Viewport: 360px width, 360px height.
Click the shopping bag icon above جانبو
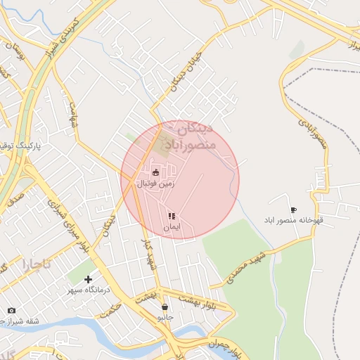[x=165, y=307]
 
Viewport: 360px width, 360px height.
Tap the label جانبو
[x=165, y=318]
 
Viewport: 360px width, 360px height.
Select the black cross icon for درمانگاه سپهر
[x=88, y=279]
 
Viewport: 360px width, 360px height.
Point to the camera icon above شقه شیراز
[x=11, y=310]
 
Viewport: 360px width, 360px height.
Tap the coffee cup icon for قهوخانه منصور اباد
[x=293, y=210]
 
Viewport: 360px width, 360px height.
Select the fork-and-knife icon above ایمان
[x=172, y=216]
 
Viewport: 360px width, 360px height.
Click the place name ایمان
[x=172, y=227]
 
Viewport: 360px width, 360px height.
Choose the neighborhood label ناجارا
[x=37, y=265]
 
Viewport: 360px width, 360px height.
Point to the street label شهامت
[x=72, y=112]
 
